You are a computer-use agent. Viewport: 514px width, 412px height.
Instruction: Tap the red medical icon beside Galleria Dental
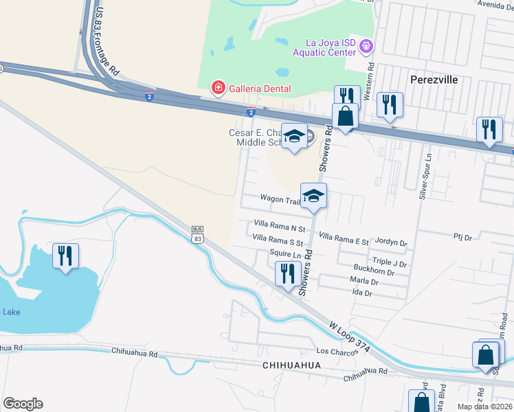218,88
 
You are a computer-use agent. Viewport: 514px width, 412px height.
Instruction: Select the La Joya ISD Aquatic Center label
324,47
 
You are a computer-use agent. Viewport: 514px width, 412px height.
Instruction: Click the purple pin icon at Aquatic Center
366,47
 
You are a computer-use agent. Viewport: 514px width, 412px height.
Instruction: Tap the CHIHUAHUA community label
292,365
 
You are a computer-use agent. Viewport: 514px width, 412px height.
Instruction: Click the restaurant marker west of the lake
65,256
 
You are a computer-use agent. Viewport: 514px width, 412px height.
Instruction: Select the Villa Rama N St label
279,224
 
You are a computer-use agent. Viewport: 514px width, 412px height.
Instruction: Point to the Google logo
23,404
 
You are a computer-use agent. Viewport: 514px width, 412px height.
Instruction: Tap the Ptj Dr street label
462,237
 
